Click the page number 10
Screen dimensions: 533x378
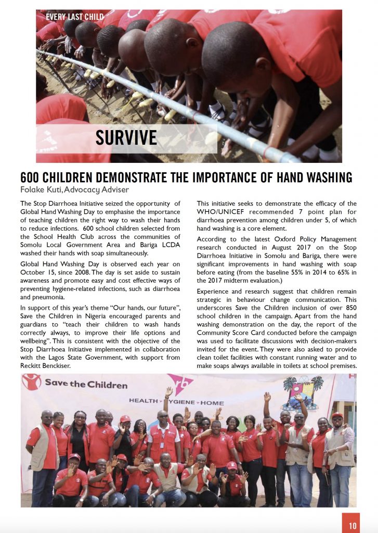(353, 525)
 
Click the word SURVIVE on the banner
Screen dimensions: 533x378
(126, 137)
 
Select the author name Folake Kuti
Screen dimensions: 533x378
(41, 189)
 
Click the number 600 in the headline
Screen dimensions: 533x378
(32, 177)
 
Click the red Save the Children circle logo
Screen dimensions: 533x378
(32, 382)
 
